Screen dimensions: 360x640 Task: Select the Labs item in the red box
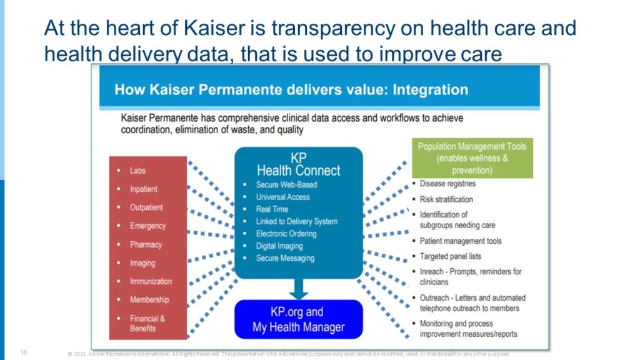(137, 171)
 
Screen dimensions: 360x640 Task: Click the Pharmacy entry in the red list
(146, 244)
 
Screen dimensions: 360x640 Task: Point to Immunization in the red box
(151, 281)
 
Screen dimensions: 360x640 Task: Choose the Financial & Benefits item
(147, 323)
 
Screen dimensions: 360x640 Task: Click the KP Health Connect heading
(299, 164)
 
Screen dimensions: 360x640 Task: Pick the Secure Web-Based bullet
(286, 185)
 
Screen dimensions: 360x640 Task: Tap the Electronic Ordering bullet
(286, 234)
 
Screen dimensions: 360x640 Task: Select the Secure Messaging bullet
(285, 258)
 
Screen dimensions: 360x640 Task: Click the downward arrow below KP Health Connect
(299, 289)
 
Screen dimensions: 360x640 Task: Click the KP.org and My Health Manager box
(298, 319)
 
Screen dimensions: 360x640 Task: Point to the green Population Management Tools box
(472, 158)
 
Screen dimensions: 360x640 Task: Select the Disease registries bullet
(447, 184)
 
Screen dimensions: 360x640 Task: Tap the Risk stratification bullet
(446, 199)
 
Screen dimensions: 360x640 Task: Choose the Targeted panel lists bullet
(450, 256)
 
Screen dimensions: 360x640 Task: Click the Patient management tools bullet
(460, 241)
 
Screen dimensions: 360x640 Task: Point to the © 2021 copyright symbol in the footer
(69, 354)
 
